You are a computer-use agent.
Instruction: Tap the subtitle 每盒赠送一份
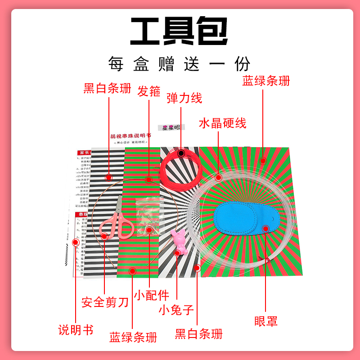(x=179, y=63)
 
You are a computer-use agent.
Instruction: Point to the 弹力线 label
(x=184, y=98)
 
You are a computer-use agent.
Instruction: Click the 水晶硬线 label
(x=223, y=123)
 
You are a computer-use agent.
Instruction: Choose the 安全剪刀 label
(x=105, y=301)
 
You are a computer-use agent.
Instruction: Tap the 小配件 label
(x=152, y=296)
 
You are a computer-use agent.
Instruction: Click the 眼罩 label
(x=265, y=321)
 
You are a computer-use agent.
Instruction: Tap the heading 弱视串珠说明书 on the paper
(x=130, y=135)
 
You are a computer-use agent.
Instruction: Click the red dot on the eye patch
(x=265, y=229)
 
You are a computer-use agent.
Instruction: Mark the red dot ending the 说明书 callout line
(x=76, y=243)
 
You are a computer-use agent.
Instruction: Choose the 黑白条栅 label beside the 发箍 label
(x=108, y=88)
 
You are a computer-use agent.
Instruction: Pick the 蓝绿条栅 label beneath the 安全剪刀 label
(x=133, y=337)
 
